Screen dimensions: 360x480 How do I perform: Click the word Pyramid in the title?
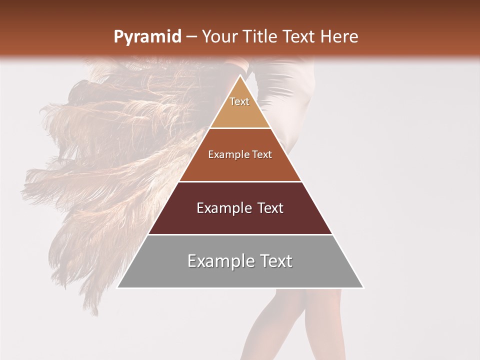(147, 37)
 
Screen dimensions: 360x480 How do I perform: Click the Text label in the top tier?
(239, 101)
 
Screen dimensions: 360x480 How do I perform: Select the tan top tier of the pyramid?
(240, 115)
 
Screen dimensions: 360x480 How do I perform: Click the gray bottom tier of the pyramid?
(240, 275)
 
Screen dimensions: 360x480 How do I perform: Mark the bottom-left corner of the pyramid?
(117, 287)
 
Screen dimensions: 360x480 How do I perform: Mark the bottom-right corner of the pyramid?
(363, 287)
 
